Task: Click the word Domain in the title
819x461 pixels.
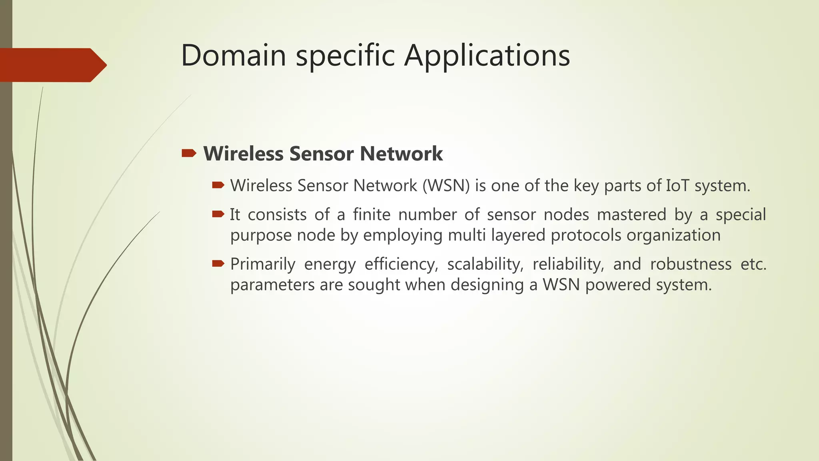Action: click(x=234, y=55)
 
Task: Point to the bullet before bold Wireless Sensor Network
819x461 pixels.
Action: click(x=189, y=153)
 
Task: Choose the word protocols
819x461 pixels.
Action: click(x=586, y=235)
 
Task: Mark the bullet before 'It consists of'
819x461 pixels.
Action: click(x=218, y=214)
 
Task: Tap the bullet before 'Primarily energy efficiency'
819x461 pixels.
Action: click(x=218, y=263)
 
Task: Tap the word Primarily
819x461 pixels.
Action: click(x=263, y=264)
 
